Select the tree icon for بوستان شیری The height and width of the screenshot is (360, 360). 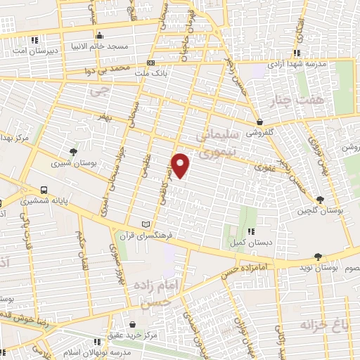[x=73, y=151]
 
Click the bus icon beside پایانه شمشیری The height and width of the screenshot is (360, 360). [x=44, y=190]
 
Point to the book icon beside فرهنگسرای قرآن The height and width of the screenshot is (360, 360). [x=146, y=224]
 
